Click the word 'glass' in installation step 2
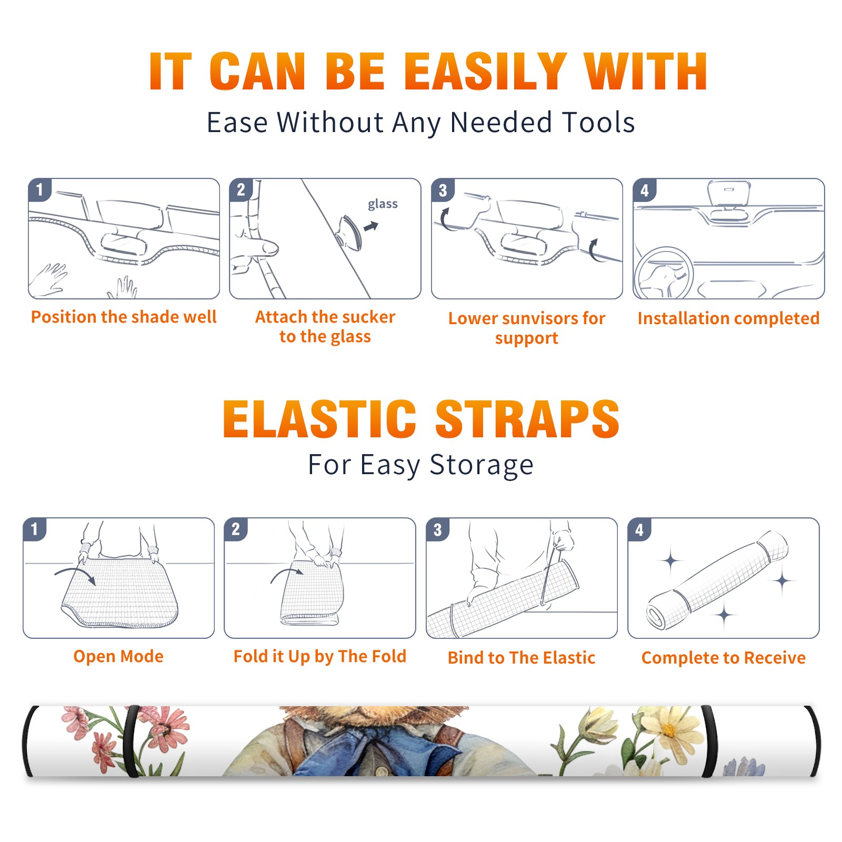(x=383, y=204)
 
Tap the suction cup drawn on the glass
(x=350, y=232)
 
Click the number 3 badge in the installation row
(x=443, y=191)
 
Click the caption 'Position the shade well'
(x=124, y=317)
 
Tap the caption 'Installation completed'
(x=728, y=318)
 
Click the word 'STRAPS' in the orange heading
(x=527, y=419)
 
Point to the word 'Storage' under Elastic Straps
(x=482, y=465)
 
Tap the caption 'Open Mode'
(x=118, y=656)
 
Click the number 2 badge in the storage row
(x=235, y=529)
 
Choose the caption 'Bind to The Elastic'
(x=521, y=658)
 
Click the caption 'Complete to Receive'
(x=724, y=658)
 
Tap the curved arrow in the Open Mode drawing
(x=75, y=572)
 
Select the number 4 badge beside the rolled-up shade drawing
(x=639, y=529)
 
